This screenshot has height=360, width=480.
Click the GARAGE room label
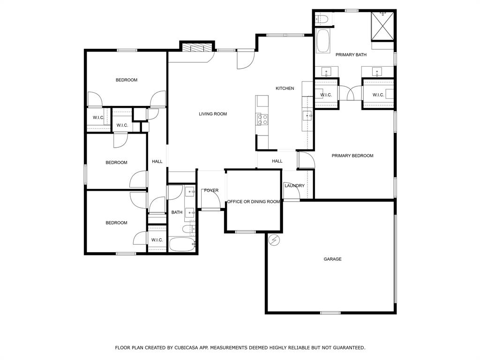point(332,259)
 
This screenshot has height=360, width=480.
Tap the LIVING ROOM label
point(213,114)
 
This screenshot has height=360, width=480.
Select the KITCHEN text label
point(285,88)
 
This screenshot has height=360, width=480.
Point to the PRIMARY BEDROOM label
point(352,156)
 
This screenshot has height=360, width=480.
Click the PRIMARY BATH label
point(351,55)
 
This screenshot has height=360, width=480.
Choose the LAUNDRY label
point(294,186)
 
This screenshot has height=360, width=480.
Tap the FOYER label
point(211,190)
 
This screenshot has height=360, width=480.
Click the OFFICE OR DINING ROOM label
point(254,202)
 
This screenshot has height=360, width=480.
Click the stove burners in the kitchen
point(262,120)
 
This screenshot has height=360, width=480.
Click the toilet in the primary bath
point(322,19)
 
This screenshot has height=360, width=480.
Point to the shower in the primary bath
point(382,27)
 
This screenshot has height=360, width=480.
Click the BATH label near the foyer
point(177,212)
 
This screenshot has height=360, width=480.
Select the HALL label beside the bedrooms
point(157,161)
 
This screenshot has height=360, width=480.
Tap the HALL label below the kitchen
point(277,161)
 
